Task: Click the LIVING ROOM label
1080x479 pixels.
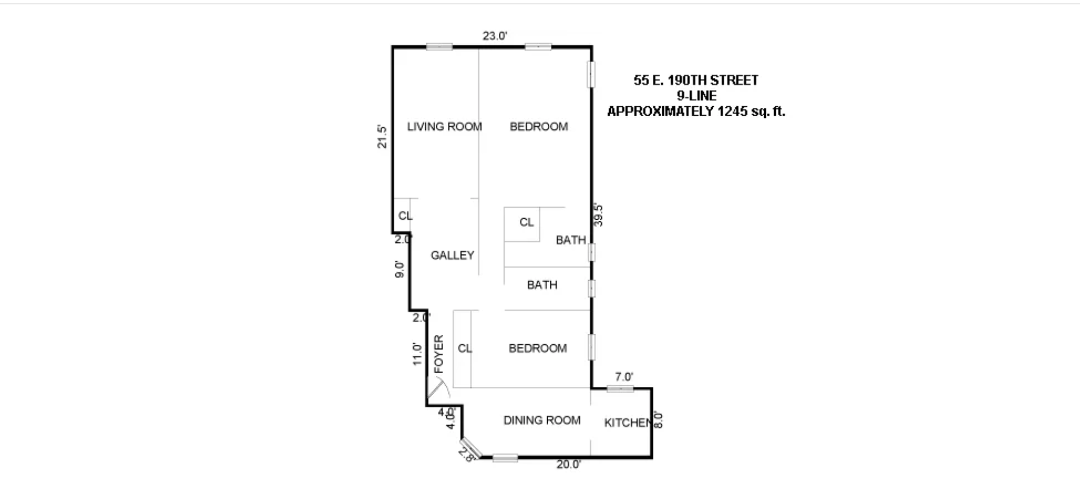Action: [x=444, y=127]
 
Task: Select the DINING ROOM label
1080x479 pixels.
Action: [x=542, y=420]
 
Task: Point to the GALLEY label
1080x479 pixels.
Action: [x=452, y=255]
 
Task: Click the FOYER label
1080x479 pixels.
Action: [x=439, y=354]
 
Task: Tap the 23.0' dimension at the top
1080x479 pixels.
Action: [x=494, y=36]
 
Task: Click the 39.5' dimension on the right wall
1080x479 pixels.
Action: [x=599, y=215]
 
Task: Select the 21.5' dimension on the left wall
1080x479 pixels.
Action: [x=382, y=137]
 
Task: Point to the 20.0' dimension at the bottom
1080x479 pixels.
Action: [x=569, y=465]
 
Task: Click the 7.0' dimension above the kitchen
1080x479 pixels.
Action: [x=624, y=377]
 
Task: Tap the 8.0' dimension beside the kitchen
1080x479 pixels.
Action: [x=659, y=420]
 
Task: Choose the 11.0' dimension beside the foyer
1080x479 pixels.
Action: [x=418, y=354]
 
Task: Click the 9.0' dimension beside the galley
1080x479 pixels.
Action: [x=400, y=269]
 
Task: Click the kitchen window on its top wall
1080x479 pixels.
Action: [x=620, y=389]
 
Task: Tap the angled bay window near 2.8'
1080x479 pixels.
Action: [x=471, y=448]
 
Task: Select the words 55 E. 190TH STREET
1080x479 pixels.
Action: [x=696, y=81]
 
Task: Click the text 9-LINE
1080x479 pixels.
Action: [x=696, y=96]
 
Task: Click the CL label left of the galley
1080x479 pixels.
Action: [x=405, y=216]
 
